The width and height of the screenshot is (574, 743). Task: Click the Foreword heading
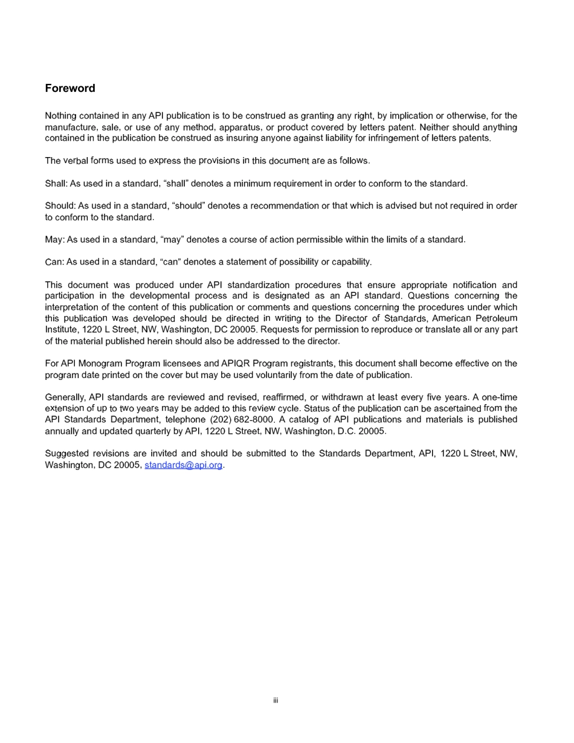pos(70,88)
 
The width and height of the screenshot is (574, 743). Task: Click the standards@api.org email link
pos(184,465)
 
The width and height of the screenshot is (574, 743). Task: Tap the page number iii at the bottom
pos(275,701)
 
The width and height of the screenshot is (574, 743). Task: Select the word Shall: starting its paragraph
pos(56,184)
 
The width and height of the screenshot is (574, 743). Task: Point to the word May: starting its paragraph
pos(54,240)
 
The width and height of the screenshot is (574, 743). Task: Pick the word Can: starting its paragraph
pos(54,262)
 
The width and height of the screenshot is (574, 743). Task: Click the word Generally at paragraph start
pos(65,397)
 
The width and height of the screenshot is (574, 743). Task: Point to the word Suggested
pos(67,454)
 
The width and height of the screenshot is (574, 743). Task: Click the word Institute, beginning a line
pos(62,330)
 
